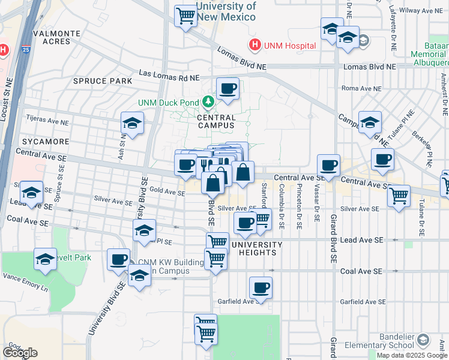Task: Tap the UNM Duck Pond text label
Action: click(168, 103)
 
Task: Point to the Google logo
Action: click(20, 353)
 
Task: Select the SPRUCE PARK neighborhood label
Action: click(94, 81)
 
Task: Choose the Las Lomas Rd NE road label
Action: click(169, 77)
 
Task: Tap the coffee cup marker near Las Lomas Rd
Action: click(228, 89)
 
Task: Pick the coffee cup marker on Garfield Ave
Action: click(261, 288)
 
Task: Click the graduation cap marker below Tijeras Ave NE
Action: click(132, 124)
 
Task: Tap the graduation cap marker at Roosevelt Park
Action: click(45, 259)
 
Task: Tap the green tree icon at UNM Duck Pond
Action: click(208, 102)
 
